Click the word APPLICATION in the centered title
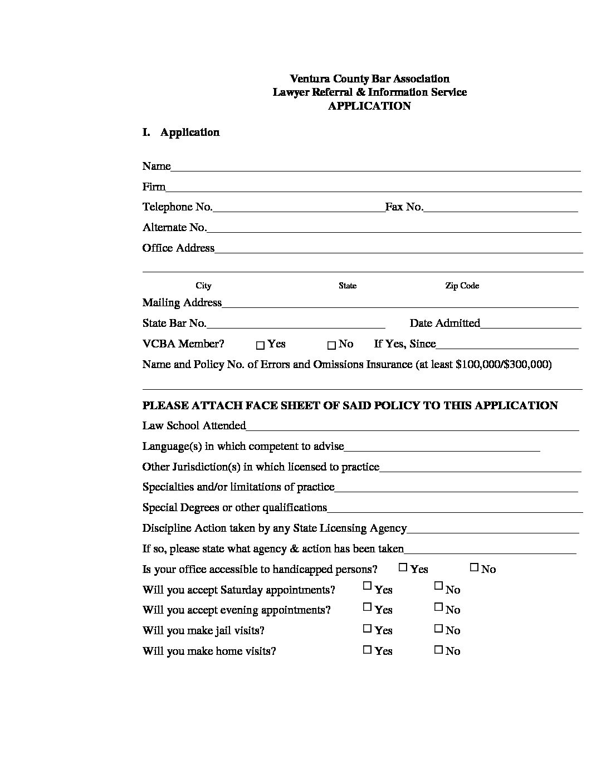click(369, 106)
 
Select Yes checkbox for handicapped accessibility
click(403, 567)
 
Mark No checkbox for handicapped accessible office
click(474, 567)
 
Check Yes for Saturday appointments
click(367, 586)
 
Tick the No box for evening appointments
click(438, 606)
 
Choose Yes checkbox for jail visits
click(367, 628)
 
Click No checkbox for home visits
click(438, 649)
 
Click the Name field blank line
click(376, 169)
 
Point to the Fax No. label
click(404, 207)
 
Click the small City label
click(203, 286)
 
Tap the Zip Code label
click(462, 286)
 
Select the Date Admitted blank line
click(531, 326)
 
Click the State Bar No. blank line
click(296, 326)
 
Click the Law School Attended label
click(194, 426)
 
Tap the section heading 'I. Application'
click(181, 133)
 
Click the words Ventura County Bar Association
click(369, 79)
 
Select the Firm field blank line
click(374, 189)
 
